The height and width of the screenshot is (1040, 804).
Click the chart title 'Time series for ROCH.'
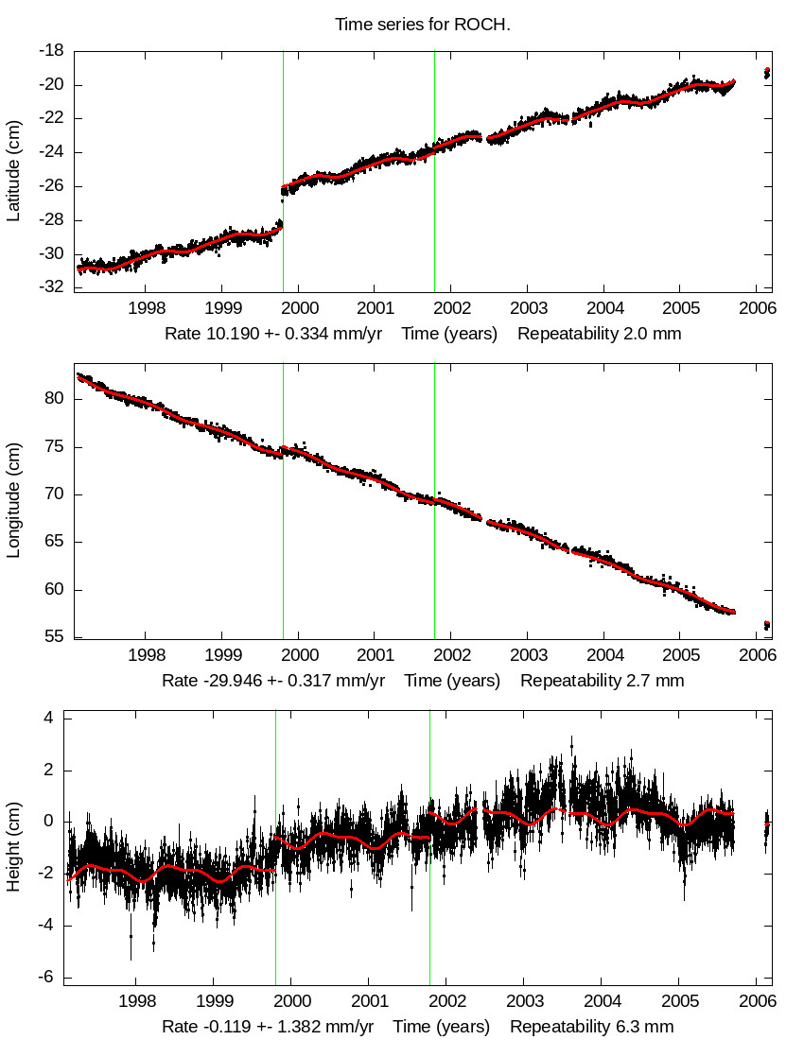(x=423, y=25)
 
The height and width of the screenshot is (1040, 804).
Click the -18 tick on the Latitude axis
(x=51, y=51)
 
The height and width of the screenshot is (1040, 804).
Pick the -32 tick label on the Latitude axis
(x=51, y=287)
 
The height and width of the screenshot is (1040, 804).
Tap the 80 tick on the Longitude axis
(x=53, y=399)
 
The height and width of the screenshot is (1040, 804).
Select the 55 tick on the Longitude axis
(x=53, y=637)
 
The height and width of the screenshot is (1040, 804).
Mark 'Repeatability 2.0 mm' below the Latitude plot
(x=599, y=334)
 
